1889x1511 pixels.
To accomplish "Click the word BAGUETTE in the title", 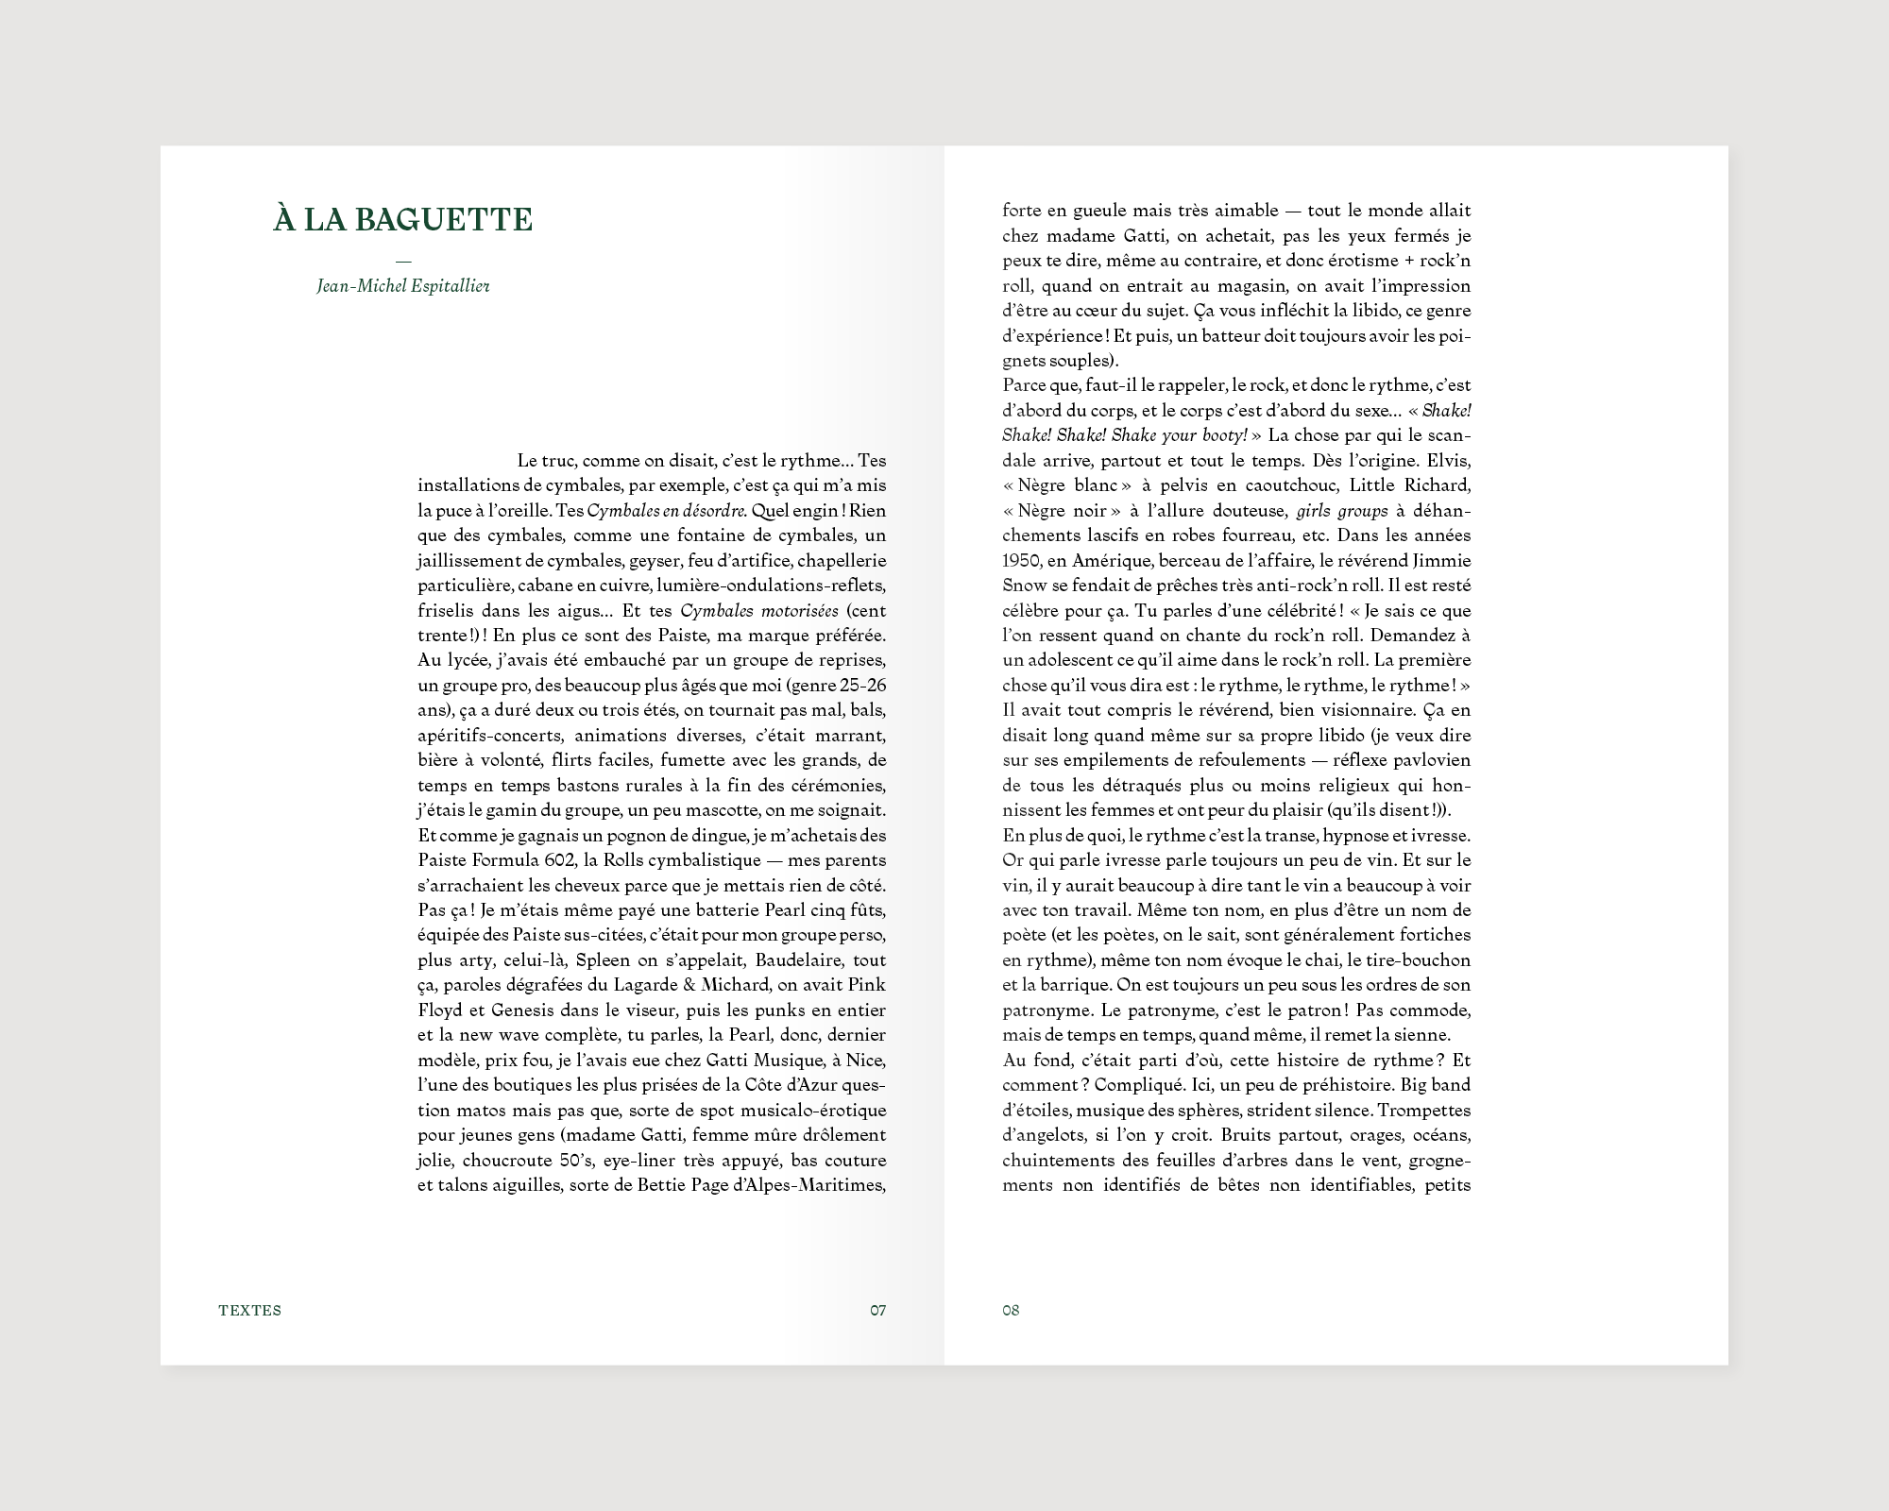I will pos(444,219).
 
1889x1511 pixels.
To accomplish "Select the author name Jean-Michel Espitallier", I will pos(403,285).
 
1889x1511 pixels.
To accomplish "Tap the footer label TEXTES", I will pos(249,1310).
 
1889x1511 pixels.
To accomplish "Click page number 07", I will pos(878,1310).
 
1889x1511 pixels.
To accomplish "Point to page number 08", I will pos(1011,1310).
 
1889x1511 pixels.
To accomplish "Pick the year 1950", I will pos(1021,561).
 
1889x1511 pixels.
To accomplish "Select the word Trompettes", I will pos(1429,1110).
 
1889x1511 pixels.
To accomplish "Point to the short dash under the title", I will pos(403,262).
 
